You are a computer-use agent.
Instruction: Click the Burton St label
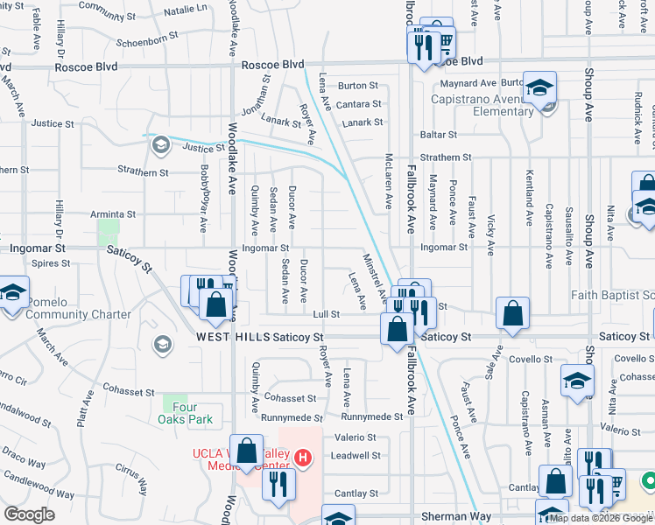point(357,86)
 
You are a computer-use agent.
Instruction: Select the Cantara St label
point(360,104)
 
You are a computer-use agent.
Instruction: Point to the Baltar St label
point(438,135)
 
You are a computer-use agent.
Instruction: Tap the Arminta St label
point(114,213)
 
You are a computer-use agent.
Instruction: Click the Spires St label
point(51,262)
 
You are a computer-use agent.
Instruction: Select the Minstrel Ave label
point(376,276)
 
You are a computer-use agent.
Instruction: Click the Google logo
point(29,514)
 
